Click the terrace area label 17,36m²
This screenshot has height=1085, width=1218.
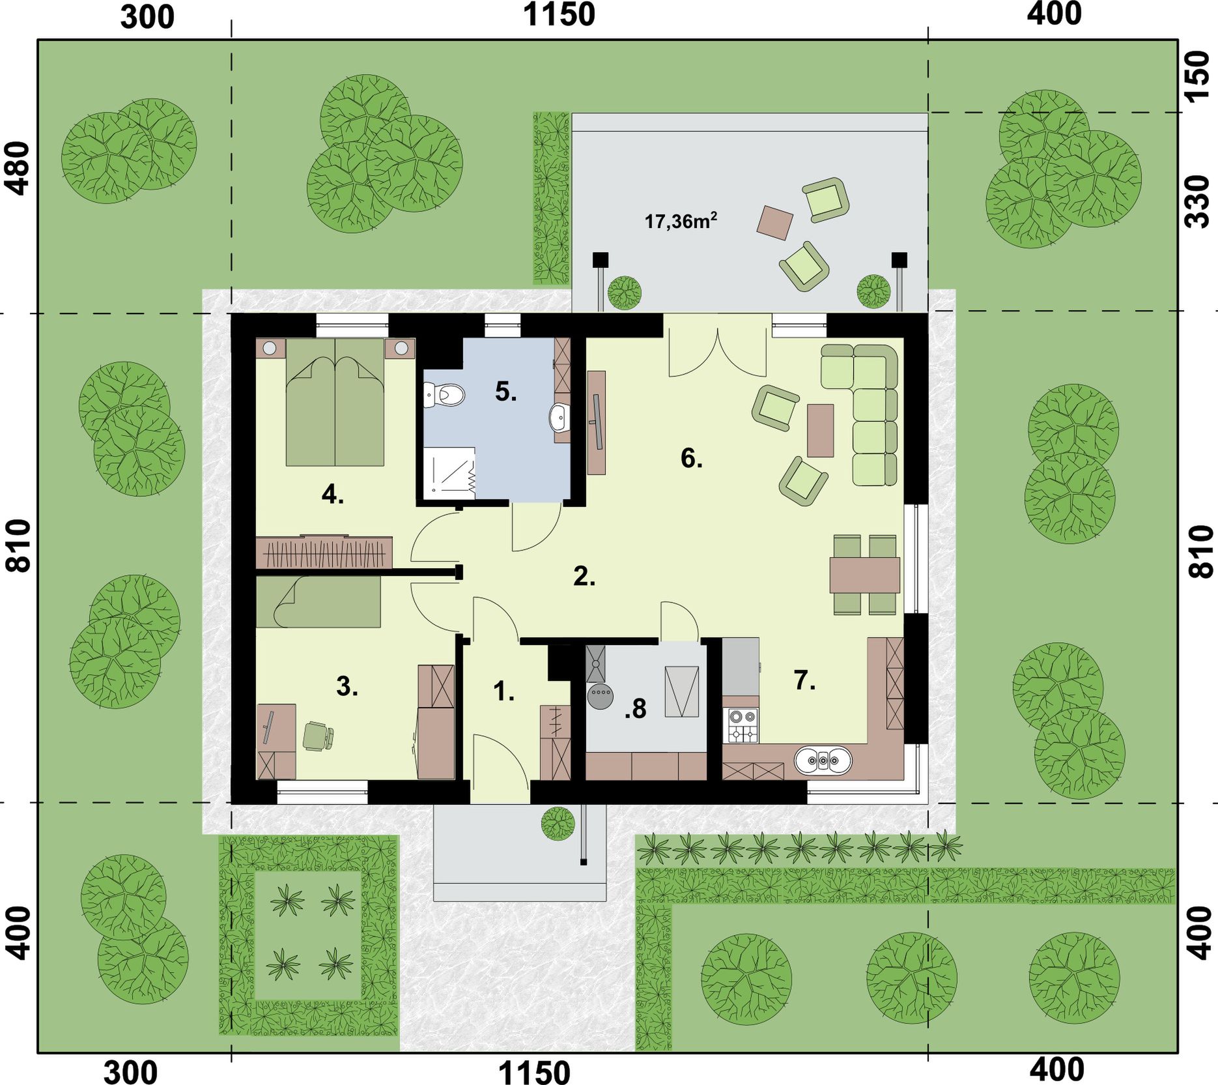[x=681, y=221]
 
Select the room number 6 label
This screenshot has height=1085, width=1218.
[x=692, y=459]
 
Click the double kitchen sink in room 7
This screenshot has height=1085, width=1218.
[x=823, y=760]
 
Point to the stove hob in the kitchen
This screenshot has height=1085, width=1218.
[x=743, y=725]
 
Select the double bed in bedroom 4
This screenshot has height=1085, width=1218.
[x=335, y=401]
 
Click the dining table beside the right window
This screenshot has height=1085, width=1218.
[x=865, y=574]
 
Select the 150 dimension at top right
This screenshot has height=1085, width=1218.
[x=1197, y=77]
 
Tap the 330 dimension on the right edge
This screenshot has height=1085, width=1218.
[x=1197, y=201]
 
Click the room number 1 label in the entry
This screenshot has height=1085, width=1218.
[x=503, y=691]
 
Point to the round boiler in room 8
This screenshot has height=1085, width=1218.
[x=600, y=696]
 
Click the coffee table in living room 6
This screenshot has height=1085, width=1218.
[x=821, y=430]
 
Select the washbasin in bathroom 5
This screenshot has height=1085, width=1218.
[x=559, y=418]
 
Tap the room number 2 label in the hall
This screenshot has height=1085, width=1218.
[x=584, y=577]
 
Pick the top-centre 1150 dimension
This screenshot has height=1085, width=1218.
[x=559, y=14]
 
